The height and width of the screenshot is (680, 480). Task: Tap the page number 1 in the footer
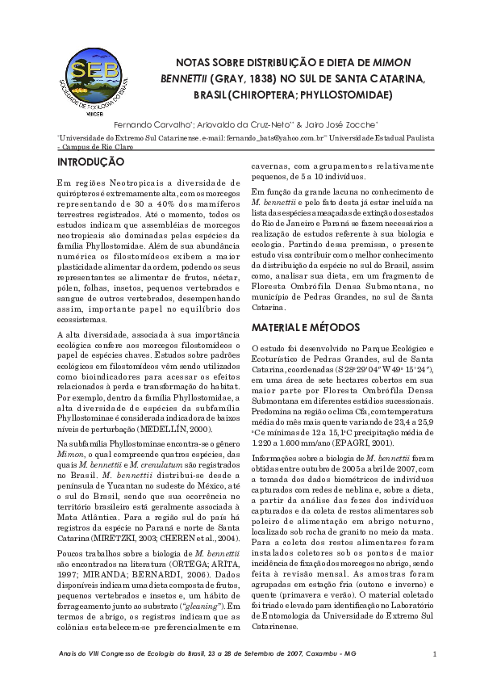(x=434, y=653)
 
